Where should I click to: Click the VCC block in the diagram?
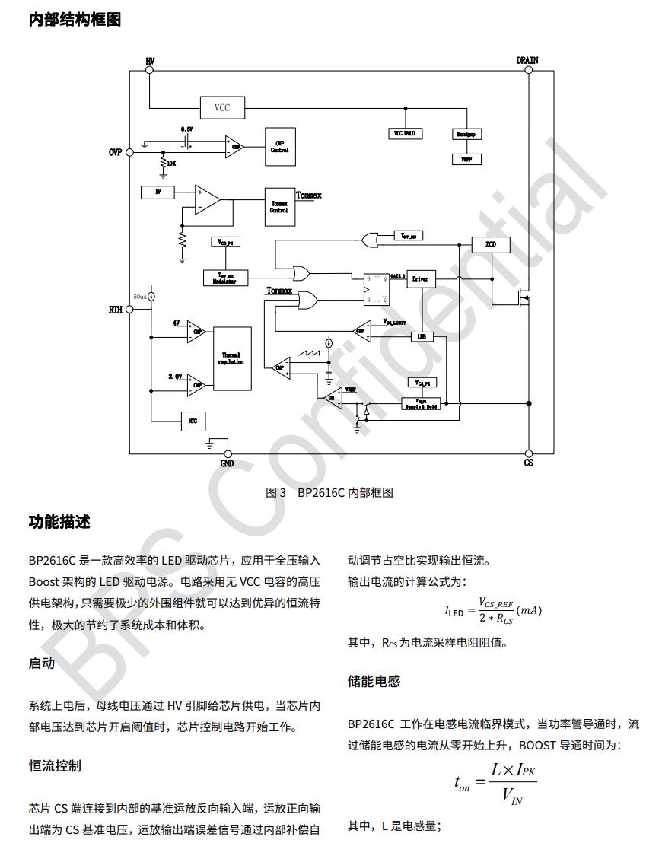point(221,108)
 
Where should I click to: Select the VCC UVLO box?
point(403,133)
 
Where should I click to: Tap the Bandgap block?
point(466,133)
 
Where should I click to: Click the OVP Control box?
point(279,147)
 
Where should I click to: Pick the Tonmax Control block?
point(279,206)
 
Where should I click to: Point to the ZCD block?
point(491,244)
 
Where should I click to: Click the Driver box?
point(420,279)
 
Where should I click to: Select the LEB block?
point(421,336)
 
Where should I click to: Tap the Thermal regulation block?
point(232,358)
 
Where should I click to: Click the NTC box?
point(193,420)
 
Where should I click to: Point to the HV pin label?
point(150,60)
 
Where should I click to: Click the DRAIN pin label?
point(527,60)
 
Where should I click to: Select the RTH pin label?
point(115,310)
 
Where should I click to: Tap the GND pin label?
point(227,463)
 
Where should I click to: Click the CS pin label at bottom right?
point(528,463)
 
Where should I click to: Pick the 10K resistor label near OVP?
point(171,163)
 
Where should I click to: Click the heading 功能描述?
point(59,522)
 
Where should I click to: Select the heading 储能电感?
point(374,681)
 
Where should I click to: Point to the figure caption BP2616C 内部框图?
point(329,492)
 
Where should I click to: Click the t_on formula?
point(495,784)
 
